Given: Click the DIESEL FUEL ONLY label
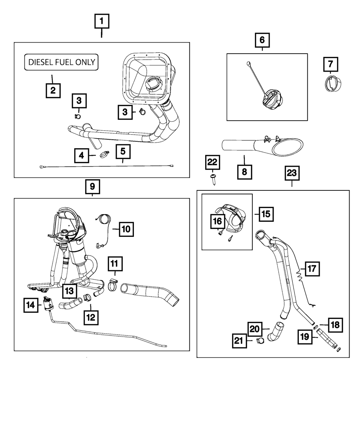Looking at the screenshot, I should click(x=61, y=62).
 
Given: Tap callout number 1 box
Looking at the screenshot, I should click(x=102, y=22).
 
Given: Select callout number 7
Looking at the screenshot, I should click(x=330, y=65).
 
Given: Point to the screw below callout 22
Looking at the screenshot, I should click(x=213, y=179).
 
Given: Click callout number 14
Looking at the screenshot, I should click(x=31, y=305).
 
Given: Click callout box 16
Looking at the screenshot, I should click(x=218, y=221).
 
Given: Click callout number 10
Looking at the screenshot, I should click(x=126, y=229).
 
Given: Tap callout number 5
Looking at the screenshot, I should click(x=123, y=153).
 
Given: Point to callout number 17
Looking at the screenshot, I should click(x=312, y=269).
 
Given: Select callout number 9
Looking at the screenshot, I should click(x=93, y=186).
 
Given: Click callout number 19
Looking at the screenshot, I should click(x=305, y=337).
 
